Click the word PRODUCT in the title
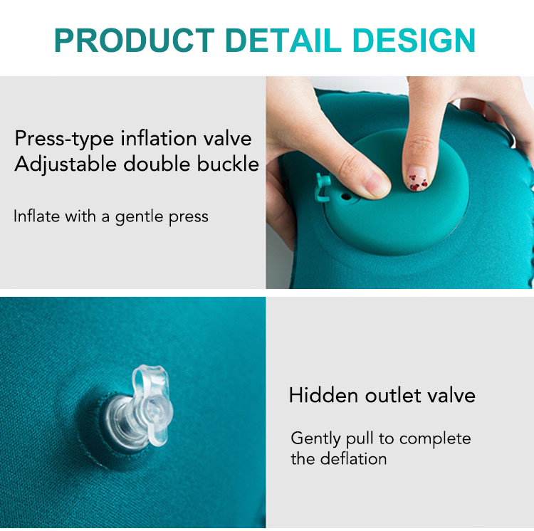click(135, 40)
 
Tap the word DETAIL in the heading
click(283, 40)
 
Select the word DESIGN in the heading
click(414, 40)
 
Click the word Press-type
click(64, 140)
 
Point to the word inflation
click(158, 138)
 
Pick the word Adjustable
click(66, 164)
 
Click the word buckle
click(228, 164)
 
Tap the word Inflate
click(36, 216)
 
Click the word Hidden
click(323, 395)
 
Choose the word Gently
click(315, 438)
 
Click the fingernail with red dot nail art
click(417, 179)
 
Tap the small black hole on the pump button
click(345, 196)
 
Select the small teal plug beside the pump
click(323, 187)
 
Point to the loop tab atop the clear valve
click(150, 382)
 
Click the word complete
click(435, 438)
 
